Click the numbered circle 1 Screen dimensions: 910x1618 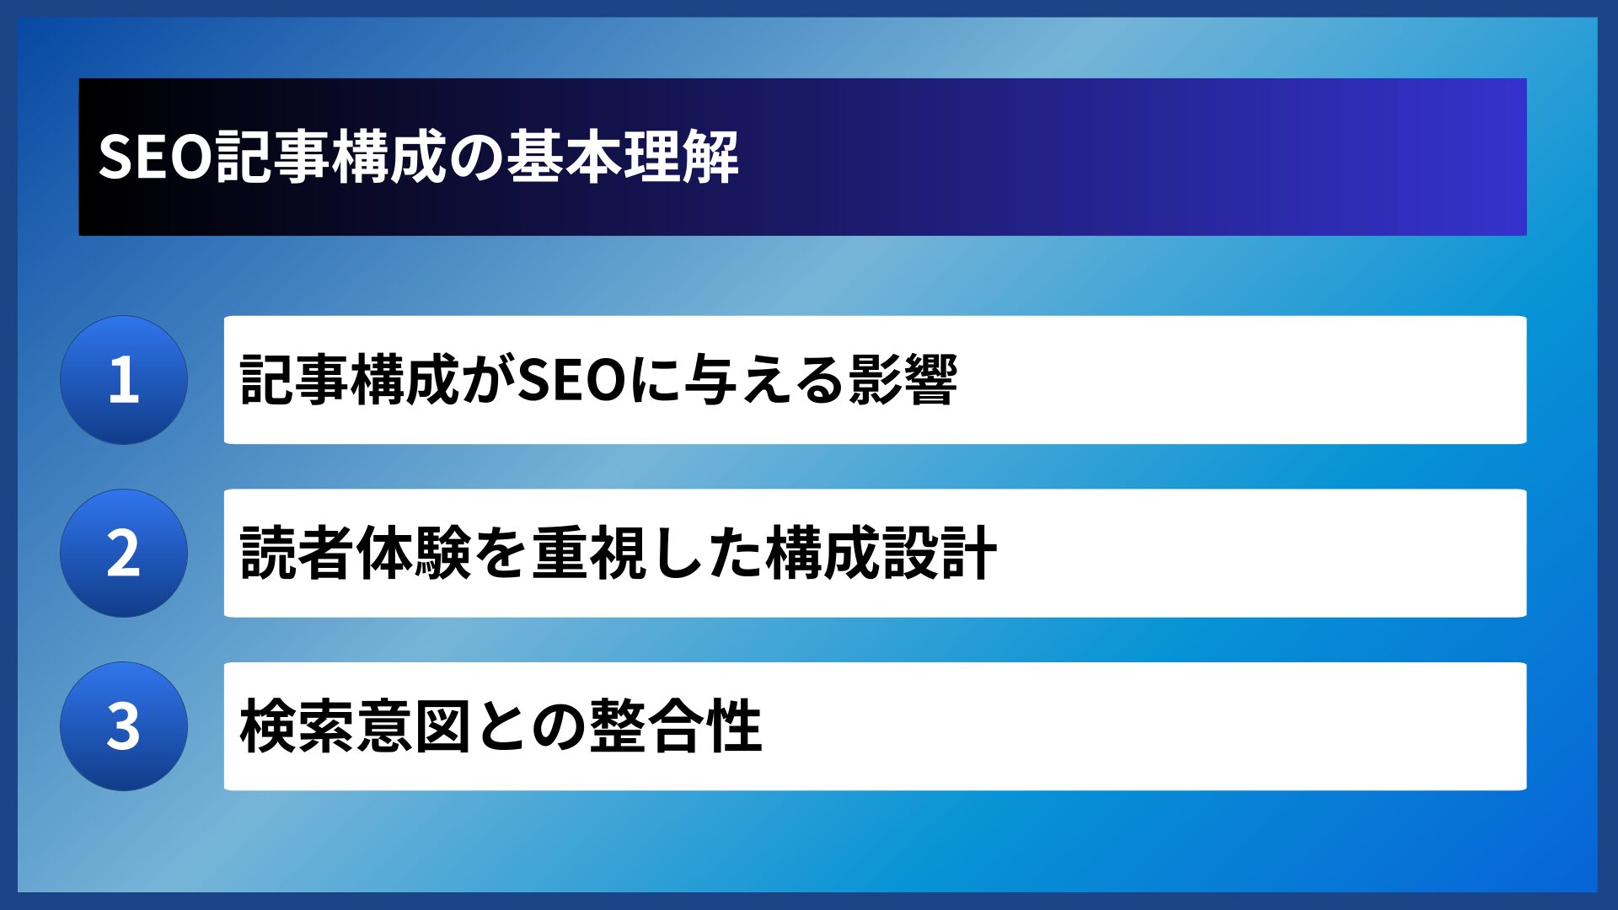124,380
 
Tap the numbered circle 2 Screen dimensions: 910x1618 124,554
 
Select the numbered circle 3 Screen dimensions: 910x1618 124,726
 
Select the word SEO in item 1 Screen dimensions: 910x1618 572,380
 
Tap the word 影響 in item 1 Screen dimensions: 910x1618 903,380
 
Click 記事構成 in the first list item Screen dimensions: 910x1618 349,380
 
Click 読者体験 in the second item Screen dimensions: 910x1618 355,554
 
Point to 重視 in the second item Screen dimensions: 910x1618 590,554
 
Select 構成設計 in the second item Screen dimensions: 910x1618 881,554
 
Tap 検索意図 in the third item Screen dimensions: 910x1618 355,726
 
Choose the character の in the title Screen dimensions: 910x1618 475,157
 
